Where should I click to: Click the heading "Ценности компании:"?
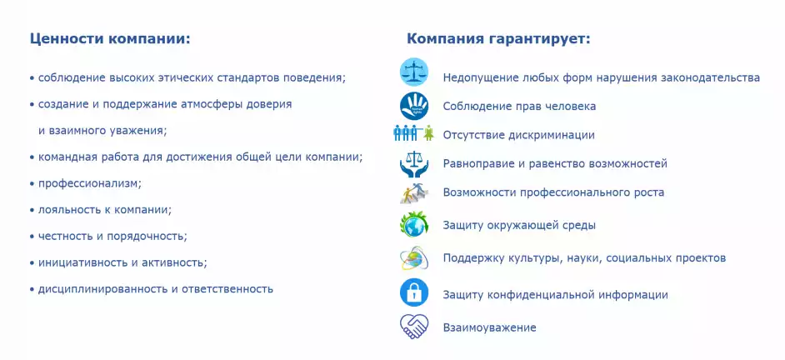pos(110,39)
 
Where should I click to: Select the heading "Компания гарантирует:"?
pos(498,39)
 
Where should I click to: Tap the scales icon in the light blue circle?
pos(414,72)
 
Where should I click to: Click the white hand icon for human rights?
pos(414,106)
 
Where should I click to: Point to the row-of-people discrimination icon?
pos(413,132)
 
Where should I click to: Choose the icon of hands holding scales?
pos(413,163)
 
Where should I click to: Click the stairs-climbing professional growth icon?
pos(414,193)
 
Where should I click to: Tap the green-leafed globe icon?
pos(414,224)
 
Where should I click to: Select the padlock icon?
pos(414,292)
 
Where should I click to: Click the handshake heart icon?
pos(414,327)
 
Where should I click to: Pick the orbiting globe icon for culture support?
pos(414,258)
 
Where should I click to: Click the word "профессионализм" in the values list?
pos(87,184)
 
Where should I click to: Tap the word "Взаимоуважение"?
pos(490,328)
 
